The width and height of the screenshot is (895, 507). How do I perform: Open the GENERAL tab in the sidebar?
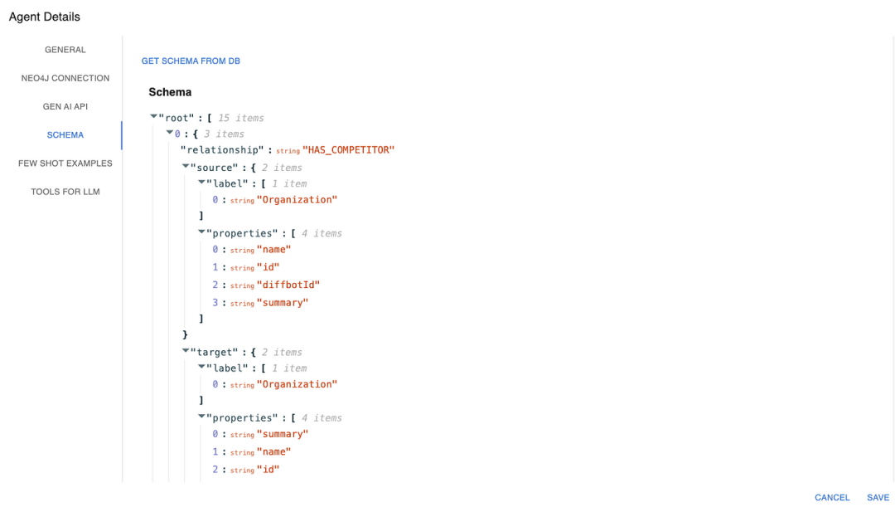(x=65, y=50)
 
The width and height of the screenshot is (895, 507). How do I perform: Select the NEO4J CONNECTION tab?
(x=65, y=78)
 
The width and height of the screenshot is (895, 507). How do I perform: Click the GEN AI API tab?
(x=65, y=106)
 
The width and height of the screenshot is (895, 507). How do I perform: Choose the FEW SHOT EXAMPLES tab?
(x=65, y=163)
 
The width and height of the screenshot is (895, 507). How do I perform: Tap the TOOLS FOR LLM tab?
(x=65, y=192)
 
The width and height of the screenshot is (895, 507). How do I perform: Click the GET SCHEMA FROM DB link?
(x=191, y=61)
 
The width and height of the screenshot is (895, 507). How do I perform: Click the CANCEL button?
(x=832, y=498)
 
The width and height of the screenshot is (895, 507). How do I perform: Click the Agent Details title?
(x=45, y=17)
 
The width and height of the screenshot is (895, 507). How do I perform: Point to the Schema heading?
(x=170, y=92)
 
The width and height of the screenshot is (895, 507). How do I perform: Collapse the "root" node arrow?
(x=154, y=118)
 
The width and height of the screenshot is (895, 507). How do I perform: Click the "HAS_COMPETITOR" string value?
(x=348, y=150)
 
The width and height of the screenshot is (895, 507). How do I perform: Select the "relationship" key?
(x=221, y=150)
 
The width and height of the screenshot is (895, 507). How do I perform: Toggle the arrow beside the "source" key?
(x=186, y=167)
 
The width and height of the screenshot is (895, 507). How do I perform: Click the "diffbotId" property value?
(x=288, y=285)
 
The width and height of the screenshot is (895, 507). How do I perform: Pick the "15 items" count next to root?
(x=240, y=118)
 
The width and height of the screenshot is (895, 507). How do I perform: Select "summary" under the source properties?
(x=282, y=303)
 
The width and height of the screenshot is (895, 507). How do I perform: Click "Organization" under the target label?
(x=297, y=384)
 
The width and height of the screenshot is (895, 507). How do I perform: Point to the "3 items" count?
(x=224, y=134)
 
